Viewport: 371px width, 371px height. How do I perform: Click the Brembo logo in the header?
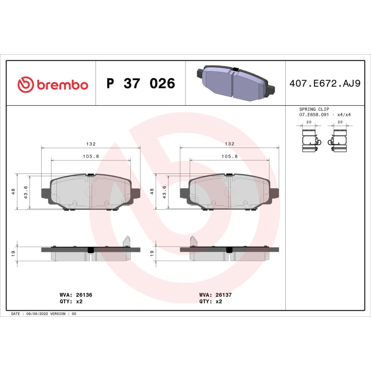52,84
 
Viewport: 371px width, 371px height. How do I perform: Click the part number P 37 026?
141,84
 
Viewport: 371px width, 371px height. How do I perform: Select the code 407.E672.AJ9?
324,84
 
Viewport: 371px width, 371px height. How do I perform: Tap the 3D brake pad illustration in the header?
236,83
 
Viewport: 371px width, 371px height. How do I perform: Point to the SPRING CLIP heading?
314,109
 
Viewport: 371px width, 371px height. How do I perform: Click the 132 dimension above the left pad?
90,144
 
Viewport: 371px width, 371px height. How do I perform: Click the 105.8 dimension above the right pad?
230,156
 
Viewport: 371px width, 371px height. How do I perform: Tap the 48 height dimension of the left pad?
14,192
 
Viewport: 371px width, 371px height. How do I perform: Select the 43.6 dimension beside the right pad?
165,192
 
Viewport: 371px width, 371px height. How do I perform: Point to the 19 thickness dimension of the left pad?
14,253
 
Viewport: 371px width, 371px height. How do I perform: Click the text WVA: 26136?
73,294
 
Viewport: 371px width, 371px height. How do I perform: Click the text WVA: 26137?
212,294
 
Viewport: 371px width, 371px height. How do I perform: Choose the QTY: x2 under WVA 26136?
71,301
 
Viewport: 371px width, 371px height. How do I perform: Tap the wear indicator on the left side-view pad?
126,241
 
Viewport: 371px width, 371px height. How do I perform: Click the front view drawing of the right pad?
230,192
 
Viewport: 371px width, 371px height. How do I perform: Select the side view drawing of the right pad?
230,253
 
